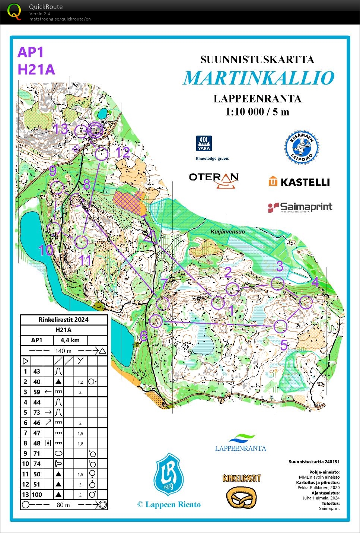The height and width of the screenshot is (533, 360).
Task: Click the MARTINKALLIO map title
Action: pyautogui.click(x=258, y=78)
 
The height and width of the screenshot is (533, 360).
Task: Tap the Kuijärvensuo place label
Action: pyautogui.click(x=227, y=232)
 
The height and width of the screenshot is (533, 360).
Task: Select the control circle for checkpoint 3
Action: pyautogui.click(x=277, y=284)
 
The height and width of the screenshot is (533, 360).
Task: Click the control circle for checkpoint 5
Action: pyautogui.click(x=280, y=326)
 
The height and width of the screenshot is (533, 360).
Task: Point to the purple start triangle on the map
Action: pyautogui.click(x=151, y=237)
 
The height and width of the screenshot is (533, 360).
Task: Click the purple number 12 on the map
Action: pyautogui.click(x=122, y=152)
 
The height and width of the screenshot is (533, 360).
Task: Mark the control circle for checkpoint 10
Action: pyautogui.click(x=54, y=228)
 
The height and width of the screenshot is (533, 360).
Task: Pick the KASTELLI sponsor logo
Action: pyautogui.click(x=299, y=182)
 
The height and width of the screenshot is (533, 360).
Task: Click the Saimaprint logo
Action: pyautogui.click(x=300, y=207)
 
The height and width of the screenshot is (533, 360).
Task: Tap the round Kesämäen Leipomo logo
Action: pyautogui.click(x=302, y=147)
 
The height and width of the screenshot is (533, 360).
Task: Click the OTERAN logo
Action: pyautogui.click(x=214, y=180)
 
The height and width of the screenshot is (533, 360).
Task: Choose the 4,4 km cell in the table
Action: pyautogui.click(x=70, y=340)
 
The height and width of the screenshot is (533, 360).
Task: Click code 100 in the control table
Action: pyautogui.click(x=36, y=495)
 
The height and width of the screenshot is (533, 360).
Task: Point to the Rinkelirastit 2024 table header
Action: pyautogui.click(x=64, y=320)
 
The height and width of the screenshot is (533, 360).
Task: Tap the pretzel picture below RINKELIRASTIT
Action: pyautogui.click(x=242, y=497)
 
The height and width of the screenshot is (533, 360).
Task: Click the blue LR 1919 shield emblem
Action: pyautogui.click(x=169, y=475)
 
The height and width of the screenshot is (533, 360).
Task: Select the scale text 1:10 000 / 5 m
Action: pyautogui.click(x=257, y=112)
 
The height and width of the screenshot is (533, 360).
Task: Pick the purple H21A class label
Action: pyautogui.click(x=36, y=70)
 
